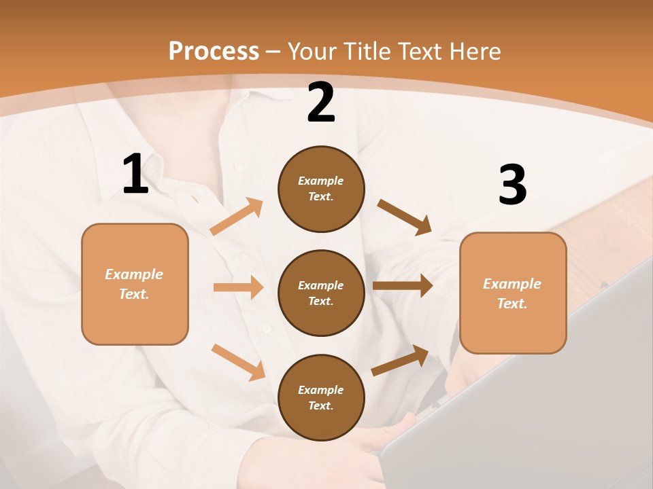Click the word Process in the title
214,51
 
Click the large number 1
135,174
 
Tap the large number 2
321,103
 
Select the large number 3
512,185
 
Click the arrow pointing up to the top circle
237,217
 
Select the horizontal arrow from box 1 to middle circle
238,287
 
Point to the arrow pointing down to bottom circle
238,362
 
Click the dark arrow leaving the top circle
404,217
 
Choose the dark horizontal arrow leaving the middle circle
403,286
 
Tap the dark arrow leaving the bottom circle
400,361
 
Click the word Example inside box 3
512,284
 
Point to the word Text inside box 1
134,294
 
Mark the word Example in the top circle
320,181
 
